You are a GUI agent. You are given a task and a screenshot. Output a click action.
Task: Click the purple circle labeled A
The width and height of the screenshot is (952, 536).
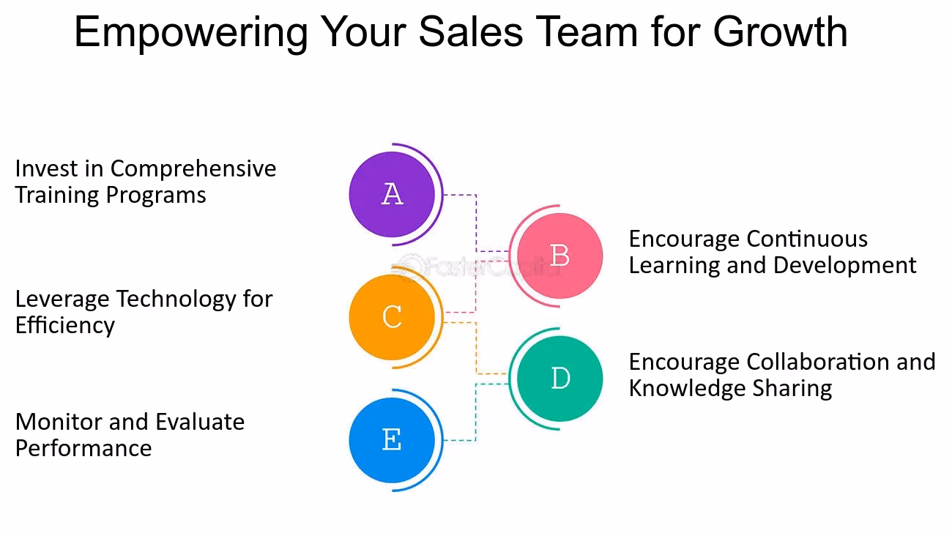pyautogui.click(x=392, y=194)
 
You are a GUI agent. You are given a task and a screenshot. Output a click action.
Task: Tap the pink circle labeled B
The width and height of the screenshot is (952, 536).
pyautogui.click(x=559, y=256)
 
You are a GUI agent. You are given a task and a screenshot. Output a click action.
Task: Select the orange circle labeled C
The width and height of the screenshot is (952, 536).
pyautogui.click(x=392, y=317)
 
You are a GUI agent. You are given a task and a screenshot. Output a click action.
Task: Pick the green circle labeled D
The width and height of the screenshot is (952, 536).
pyautogui.click(x=559, y=379)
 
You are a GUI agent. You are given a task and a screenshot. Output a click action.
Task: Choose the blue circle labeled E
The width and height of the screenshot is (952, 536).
pyautogui.click(x=392, y=440)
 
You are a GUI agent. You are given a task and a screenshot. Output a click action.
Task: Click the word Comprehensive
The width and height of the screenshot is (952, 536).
pyautogui.click(x=193, y=169)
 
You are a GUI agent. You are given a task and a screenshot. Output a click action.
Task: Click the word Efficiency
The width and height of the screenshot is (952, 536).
pyautogui.click(x=64, y=325)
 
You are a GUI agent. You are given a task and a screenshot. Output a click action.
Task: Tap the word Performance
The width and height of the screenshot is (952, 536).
pyautogui.click(x=83, y=448)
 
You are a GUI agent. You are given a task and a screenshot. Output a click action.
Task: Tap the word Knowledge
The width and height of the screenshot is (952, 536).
pyautogui.click(x=680, y=388)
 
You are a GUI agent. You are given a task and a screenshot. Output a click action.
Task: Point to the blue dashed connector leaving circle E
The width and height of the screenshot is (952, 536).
pyautogui.click(x=460, y=440)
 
